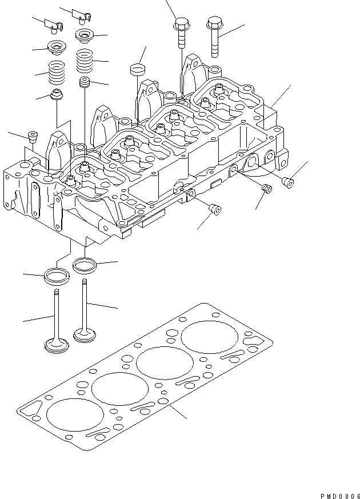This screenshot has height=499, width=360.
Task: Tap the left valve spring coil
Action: coord(57,73)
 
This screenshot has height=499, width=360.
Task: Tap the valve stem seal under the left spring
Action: coord(56,94)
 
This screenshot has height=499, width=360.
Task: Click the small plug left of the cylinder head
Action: coord(33,137)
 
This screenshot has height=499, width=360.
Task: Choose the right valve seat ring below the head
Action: coord(85,265)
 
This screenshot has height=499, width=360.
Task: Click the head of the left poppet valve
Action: coord(56,345)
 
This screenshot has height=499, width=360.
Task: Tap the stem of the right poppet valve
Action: coord(85,303)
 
